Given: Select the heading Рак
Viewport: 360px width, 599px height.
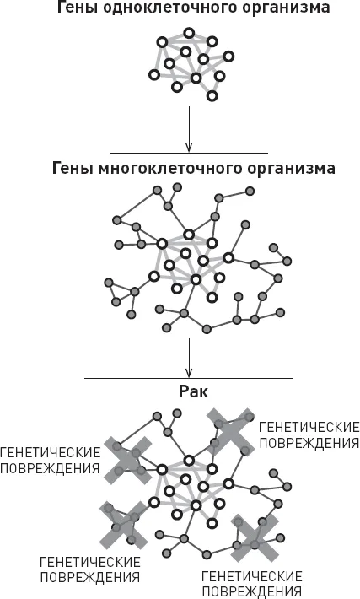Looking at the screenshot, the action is coord(193,392).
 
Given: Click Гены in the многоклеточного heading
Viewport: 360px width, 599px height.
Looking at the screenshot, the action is coord(73,169).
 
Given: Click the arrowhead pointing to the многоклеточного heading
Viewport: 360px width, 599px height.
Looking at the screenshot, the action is coord(189,148).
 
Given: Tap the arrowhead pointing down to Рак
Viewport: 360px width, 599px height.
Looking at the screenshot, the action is coord(189,373).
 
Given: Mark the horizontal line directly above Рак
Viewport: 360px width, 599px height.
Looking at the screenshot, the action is coord(189,379).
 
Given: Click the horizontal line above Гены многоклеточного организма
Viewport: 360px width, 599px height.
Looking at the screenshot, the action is coord(189,154).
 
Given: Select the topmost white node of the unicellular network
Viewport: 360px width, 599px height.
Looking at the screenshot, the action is coord(189,33).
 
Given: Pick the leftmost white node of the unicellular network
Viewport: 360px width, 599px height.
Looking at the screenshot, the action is coord(153,74).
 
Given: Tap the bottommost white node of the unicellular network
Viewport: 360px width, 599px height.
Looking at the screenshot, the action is coord(212,95).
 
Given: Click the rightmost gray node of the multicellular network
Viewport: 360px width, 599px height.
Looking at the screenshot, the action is coord(287,262).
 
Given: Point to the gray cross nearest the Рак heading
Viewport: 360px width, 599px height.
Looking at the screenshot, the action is coord(231,432).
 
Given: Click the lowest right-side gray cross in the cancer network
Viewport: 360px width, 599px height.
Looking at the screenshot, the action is coord(255,538).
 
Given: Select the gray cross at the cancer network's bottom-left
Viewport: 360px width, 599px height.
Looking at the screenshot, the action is coord(123,526).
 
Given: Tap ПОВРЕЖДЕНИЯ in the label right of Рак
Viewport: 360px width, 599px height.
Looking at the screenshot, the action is coord(309,443).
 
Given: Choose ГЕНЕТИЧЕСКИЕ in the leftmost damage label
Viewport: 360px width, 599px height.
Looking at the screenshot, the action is coord(50,453).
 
